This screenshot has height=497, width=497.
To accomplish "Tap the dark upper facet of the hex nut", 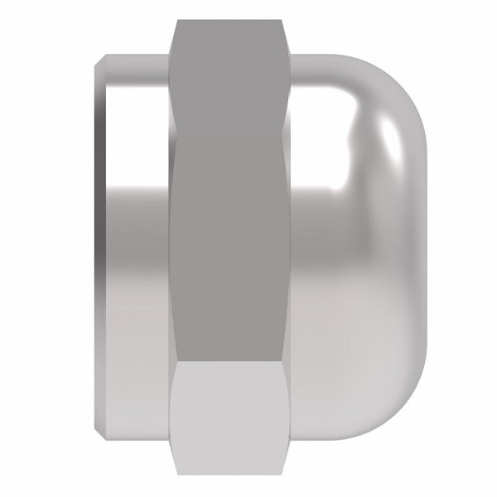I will (x=233, y=83).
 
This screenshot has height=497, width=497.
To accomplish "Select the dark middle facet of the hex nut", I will (x=233, y=248).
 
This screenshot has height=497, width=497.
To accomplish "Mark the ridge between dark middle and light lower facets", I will (x=233, y=361).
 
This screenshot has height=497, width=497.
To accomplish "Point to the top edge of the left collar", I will (x=137, y=56).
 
